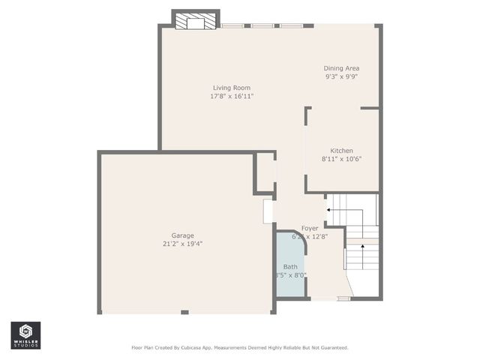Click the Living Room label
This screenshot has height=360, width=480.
[231, 88]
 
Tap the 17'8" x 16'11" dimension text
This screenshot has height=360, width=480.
[231, 96]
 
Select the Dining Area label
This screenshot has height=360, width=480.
[341, 68]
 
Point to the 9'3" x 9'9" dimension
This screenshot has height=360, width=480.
[341, 76]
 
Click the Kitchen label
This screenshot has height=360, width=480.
[341, 151]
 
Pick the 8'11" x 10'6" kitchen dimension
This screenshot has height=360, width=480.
[341, 159]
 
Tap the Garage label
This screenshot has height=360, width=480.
[182, 235]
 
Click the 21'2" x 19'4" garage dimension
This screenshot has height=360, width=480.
[182, 243]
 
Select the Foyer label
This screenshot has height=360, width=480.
[310, 228]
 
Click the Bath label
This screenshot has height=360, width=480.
[289, 267]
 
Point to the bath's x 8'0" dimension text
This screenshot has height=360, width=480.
[292, 275]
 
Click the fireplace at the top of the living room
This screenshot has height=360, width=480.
[195, 22]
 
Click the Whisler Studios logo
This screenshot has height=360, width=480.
[25, 335]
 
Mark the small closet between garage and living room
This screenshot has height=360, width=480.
[265, 172]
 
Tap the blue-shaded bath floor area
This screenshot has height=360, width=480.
[289, 255]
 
